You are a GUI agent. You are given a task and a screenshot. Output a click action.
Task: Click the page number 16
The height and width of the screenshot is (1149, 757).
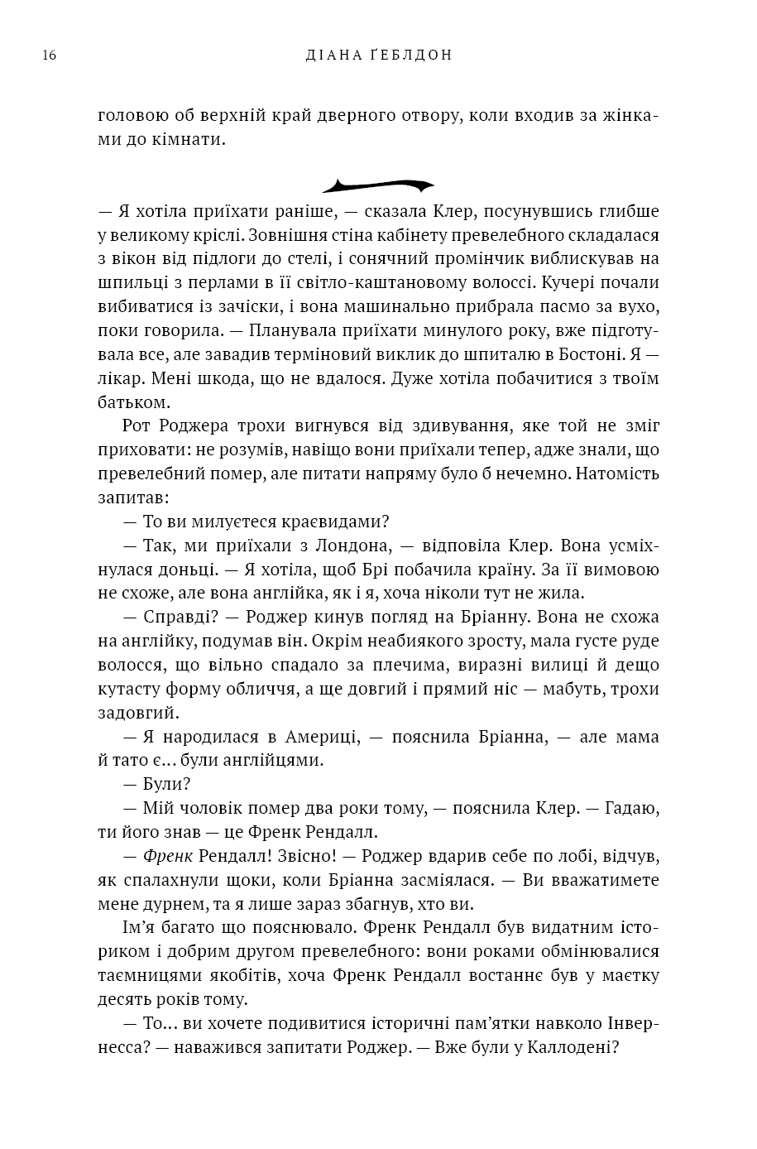pos(48,55)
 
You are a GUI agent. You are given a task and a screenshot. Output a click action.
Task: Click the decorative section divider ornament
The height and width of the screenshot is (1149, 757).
pos(378,185)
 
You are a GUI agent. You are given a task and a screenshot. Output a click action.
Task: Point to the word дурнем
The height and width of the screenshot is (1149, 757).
pos(170,903)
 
